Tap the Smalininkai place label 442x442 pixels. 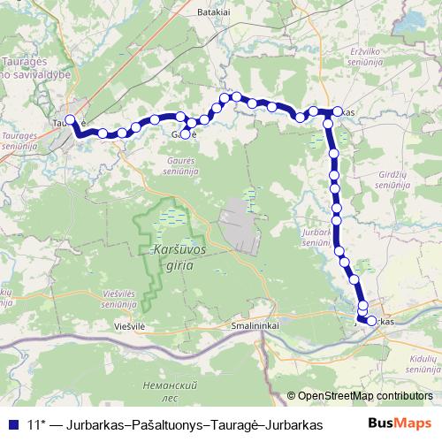pos(254,325)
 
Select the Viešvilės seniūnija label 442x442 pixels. pos(116,298)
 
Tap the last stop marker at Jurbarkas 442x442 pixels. pos(371,321)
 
